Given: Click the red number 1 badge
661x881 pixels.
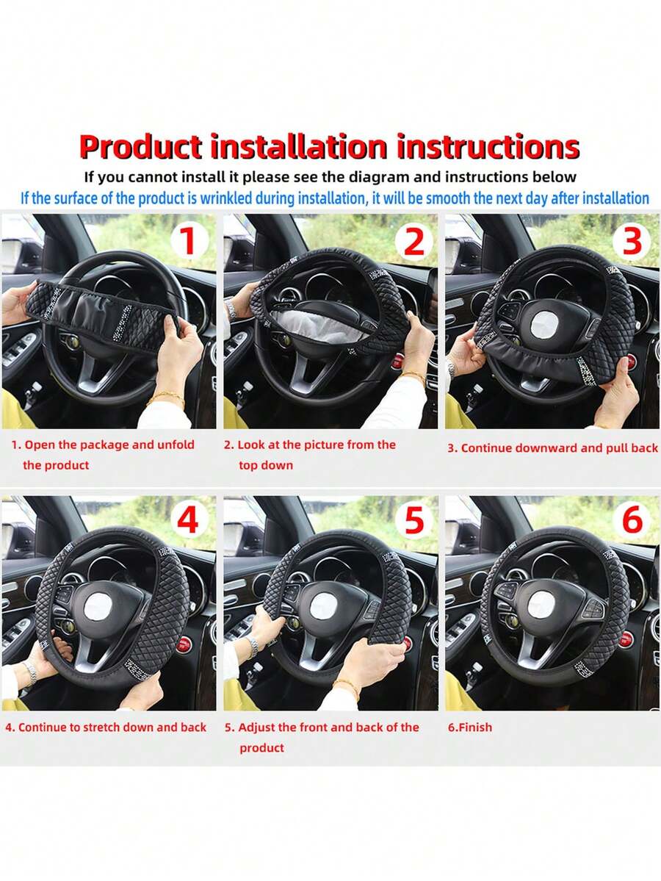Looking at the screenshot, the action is tap(188, 240).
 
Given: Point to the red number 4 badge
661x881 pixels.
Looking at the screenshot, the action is tap(188, 519).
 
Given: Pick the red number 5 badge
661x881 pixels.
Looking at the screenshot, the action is tap(414, 519).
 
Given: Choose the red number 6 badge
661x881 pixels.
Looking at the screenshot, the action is tap(632, 519).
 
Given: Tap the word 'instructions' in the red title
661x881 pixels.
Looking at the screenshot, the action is tap(488, 147).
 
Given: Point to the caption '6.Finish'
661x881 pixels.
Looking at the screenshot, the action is tap(469, 727).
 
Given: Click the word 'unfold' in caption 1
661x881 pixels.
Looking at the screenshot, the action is tap(176, 445).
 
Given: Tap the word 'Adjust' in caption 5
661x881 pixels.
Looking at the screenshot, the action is tap(256, 727).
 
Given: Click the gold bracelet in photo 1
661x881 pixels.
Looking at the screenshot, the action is tap(166, 398).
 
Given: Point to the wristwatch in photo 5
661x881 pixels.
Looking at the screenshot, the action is tap(254, 646).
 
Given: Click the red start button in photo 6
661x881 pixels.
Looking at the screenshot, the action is tap(626, 639).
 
